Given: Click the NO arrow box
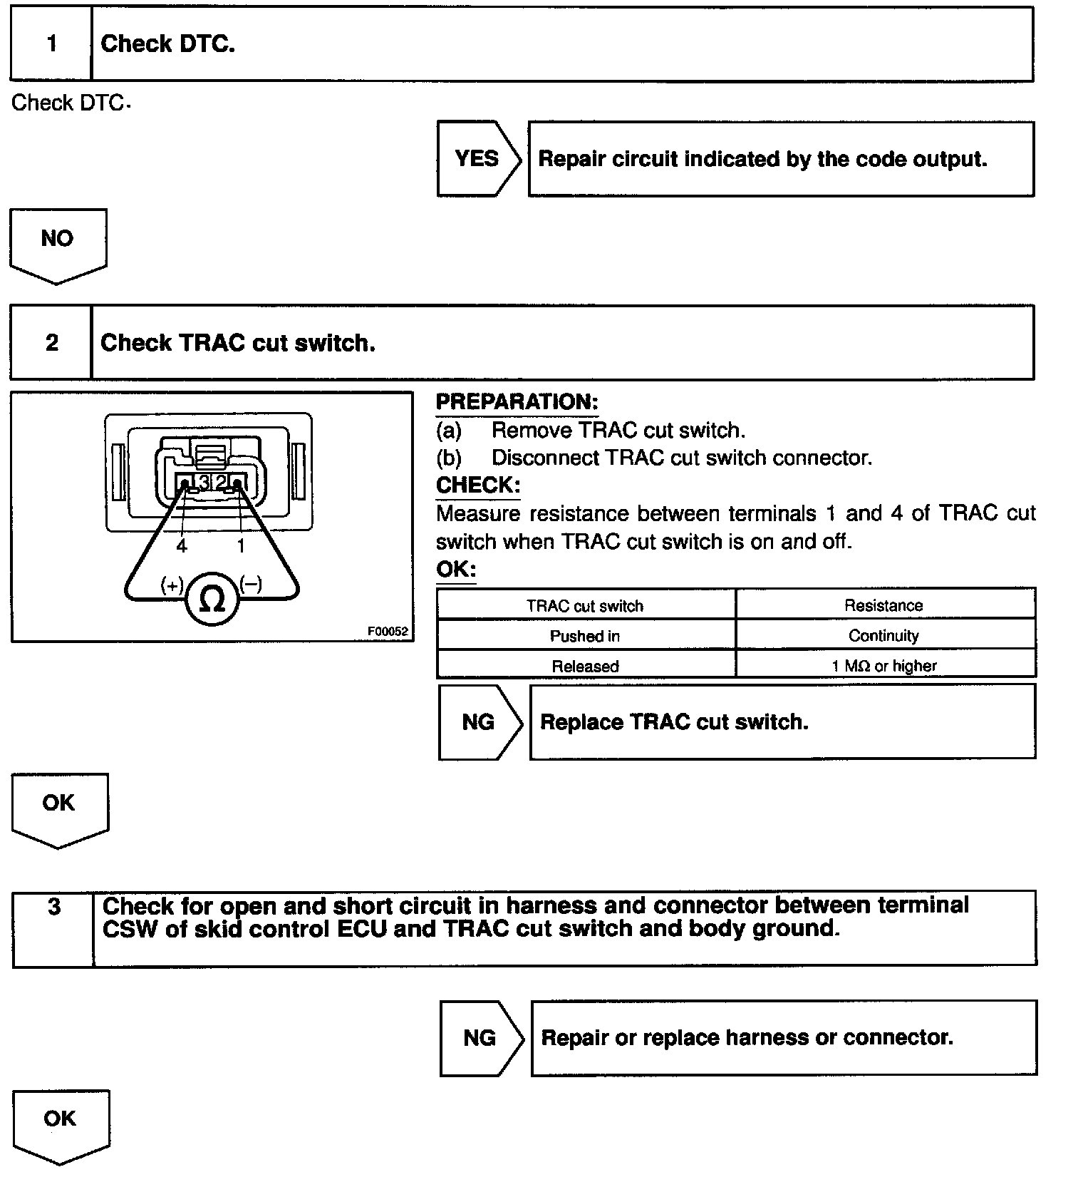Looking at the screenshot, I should (x=58, y=240).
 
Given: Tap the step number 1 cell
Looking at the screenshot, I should (x=51, y=44).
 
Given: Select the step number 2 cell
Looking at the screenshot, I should (x=51, y=343).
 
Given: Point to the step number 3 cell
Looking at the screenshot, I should (x=53, y=927).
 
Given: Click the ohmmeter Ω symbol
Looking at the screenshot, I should (x=212, y=600).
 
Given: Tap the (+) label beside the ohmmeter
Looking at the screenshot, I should (x=172, y=585).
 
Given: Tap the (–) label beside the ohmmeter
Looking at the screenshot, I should (x=251, y=585).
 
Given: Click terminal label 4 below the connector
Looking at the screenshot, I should (x=182, y=546).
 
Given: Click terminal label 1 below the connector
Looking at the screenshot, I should (x=241, y=546).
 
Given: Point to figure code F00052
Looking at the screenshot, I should (x=388, y=631).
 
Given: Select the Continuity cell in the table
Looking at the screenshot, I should (x=883, y=635).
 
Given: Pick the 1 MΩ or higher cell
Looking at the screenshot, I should (x=883, y=666).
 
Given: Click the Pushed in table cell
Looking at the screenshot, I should (x=584, y=635).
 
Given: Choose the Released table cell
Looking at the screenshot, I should (x=585, y=666).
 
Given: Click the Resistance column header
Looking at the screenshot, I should (x=883, y=605).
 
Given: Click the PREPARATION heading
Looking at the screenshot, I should (x=517, y=402).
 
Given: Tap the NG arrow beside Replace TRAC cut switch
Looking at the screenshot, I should (x=479, y=722).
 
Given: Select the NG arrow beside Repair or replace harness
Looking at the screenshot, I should (x=480, y=1037).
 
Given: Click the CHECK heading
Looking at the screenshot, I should (x=477, y=485).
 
